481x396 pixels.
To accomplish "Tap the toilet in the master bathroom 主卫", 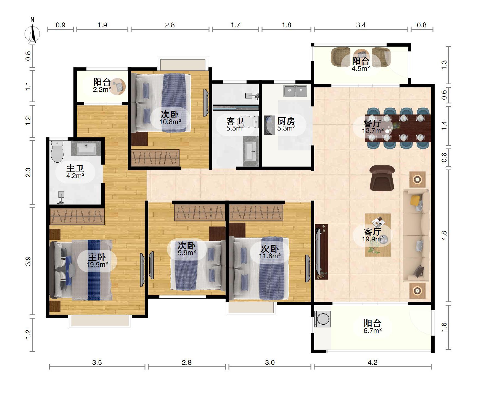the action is click(57, 152).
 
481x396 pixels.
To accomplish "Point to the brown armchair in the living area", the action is click(382, 178).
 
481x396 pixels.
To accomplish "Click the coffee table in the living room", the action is click(378, 235).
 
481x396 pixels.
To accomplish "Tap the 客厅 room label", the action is click(372, 231).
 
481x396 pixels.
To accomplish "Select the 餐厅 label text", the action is click(372, 123).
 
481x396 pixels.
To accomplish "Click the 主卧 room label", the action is click(97, 257).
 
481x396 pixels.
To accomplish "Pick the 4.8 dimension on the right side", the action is click(444, 236).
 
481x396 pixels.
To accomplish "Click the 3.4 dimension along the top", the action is click(361, 25).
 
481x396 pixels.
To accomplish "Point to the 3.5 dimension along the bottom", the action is click(97, 363).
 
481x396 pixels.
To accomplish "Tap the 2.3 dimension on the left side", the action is click(28, 173).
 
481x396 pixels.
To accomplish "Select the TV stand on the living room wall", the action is click(321, 252).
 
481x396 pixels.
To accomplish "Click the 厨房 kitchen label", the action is click(286, 121).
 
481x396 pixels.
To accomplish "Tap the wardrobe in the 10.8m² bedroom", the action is click(155, 158).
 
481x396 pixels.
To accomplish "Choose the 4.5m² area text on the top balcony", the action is click(361, 69).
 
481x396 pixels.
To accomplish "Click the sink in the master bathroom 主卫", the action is click(86, 148).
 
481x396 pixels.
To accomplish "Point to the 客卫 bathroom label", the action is click(235, 121).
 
